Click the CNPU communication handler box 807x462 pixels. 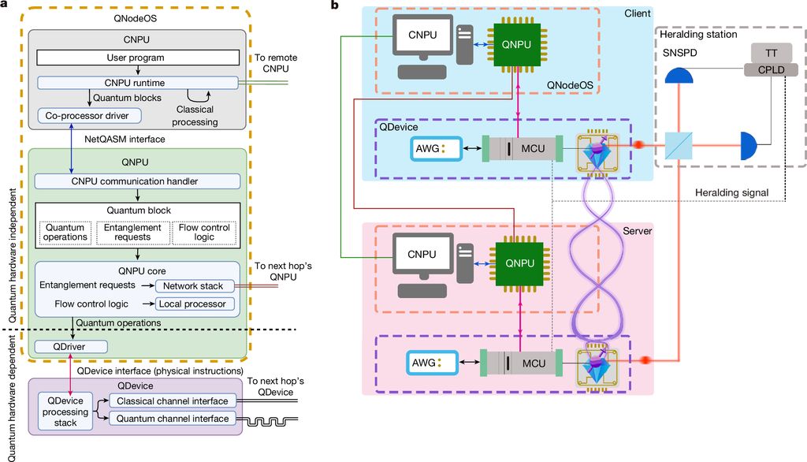138,181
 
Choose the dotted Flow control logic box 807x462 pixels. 204,233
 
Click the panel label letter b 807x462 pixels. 335,6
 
